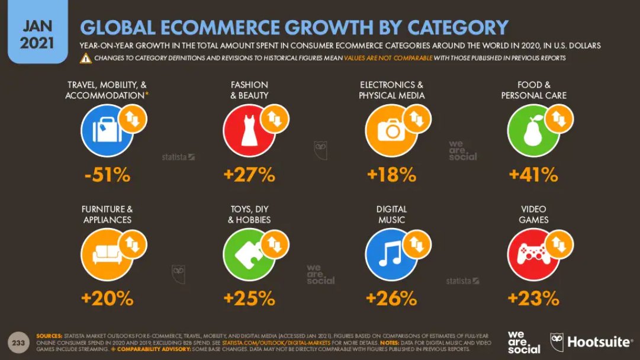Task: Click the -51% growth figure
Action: click(107, 175)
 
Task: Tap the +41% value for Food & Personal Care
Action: click(533, 175)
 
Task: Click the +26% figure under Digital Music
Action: click(391, 298)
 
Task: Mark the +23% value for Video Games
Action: click(533, 298)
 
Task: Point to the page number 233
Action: click(18, 342)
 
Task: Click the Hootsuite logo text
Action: click(600, 342)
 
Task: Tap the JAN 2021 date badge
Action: click(37, 34)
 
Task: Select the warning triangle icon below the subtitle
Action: click(86, 58)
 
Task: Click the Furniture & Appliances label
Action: click(107, 214)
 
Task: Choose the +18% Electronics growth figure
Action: click(391, 175)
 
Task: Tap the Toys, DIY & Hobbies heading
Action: click(249, 214)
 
